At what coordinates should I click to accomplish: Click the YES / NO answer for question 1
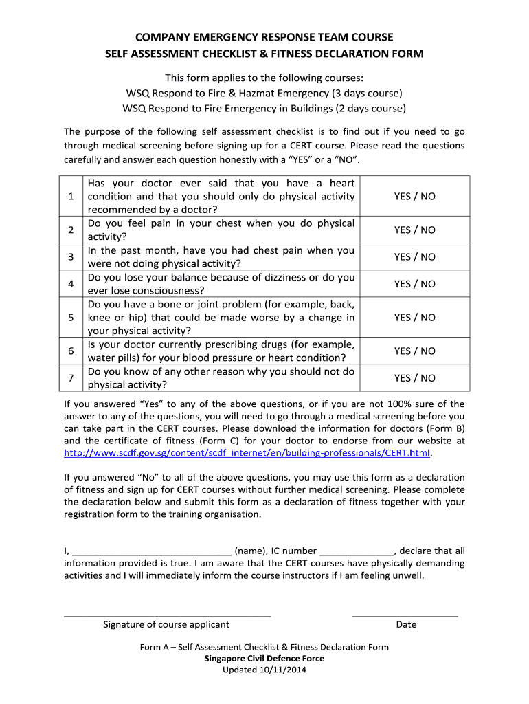414,196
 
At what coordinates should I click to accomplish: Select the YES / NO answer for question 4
414,284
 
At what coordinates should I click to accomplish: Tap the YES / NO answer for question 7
414,378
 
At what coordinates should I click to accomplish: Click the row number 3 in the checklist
71,256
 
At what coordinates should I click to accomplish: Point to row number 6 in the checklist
71,351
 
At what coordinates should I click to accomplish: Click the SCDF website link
247,453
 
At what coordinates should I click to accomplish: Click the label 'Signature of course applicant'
166,624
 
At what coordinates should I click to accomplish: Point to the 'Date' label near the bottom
406,624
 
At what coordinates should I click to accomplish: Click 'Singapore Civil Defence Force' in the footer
264,658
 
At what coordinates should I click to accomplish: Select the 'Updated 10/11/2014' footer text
264,670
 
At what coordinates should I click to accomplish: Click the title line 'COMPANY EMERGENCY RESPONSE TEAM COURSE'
264,36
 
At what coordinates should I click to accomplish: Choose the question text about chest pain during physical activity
221,230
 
